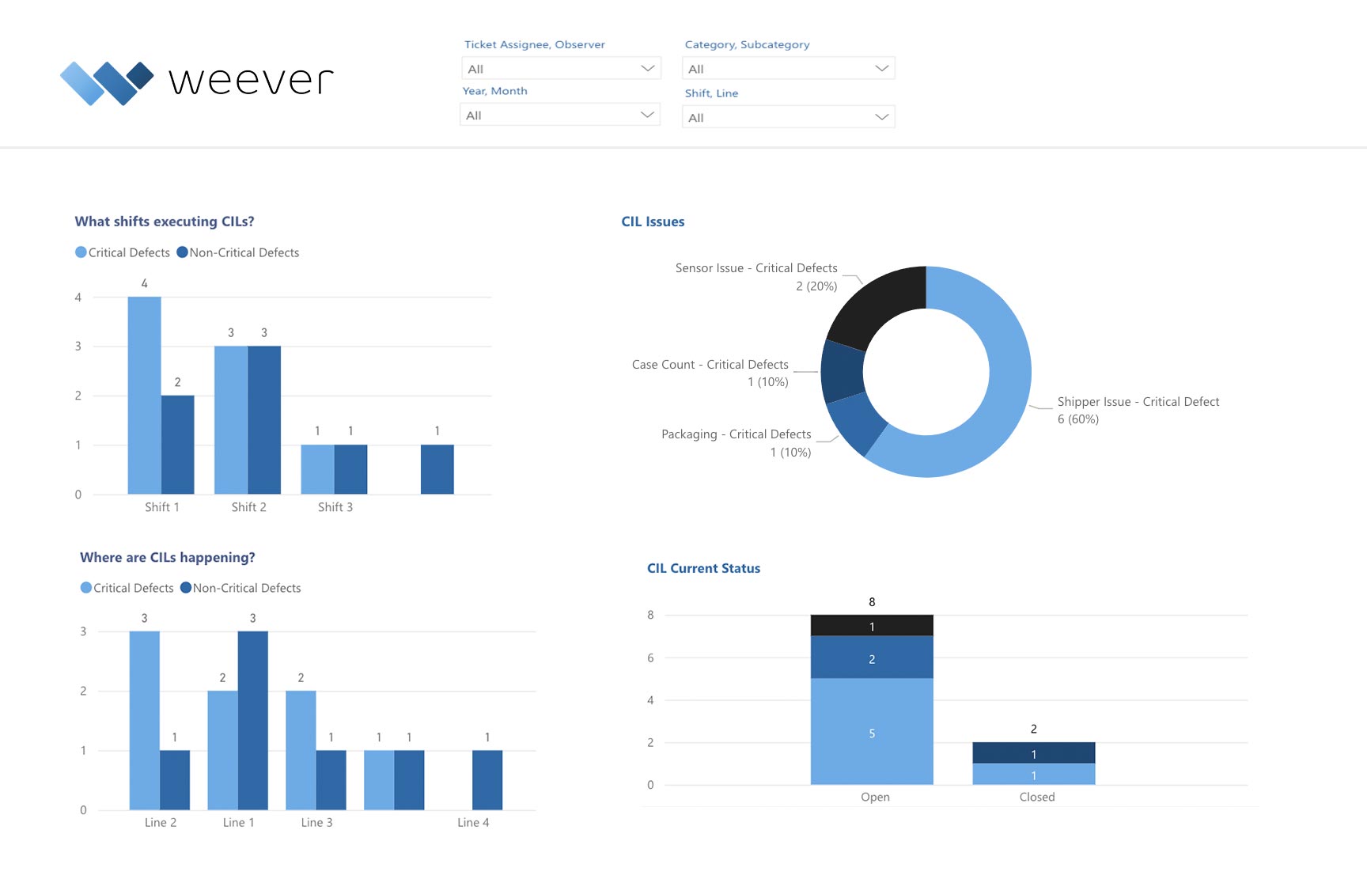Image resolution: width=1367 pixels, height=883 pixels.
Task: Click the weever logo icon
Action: coord(107,82)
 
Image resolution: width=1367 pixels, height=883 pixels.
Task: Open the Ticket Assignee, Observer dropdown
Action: coord(560,69)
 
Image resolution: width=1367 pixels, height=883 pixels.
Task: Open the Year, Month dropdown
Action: coord(559,116)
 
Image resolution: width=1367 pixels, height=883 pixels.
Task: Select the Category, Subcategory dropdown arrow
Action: coord(881,69)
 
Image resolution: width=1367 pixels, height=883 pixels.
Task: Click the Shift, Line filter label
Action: coord(711,93)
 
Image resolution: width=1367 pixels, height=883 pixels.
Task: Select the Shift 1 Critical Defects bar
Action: coord(144,396)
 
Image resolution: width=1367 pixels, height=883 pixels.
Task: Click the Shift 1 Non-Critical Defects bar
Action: coord(178,445)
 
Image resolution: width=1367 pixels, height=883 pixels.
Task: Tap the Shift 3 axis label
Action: coord(335,507)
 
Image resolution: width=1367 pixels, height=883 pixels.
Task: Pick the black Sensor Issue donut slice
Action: coord(882,305)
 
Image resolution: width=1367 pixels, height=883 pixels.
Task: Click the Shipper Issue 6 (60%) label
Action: coord(1078,419)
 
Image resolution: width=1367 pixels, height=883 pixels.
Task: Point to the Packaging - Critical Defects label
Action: coord(736,434)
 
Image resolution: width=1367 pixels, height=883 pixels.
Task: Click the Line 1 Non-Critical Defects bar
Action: coord(252,720)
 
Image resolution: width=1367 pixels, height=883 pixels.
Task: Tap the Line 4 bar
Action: coord(487,780)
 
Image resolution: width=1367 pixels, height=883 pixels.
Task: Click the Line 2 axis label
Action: coord(161,823)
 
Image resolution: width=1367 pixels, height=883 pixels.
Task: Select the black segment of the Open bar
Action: coord(872,626)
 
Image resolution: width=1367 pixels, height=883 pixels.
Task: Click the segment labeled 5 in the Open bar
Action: coord(872,732)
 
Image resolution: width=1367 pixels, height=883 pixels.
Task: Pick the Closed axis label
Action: coord(1036,797)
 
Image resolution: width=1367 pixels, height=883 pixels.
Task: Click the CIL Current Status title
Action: coord(703,568)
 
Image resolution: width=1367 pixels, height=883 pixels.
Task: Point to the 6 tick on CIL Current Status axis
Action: coord(650,658)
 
